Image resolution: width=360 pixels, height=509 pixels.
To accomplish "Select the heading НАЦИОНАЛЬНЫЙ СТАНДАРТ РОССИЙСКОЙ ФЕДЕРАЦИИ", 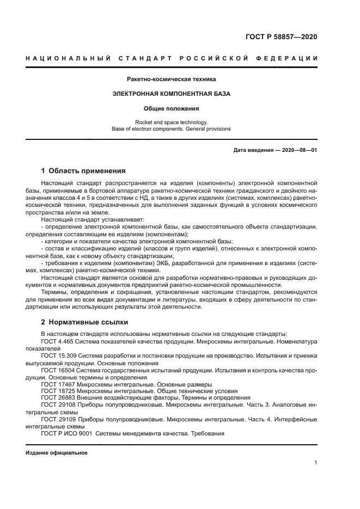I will (172, 58).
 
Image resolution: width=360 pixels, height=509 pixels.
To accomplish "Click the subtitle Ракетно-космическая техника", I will (172, 79).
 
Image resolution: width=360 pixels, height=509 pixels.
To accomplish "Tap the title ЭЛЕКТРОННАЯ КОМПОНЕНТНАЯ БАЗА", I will (172, 94).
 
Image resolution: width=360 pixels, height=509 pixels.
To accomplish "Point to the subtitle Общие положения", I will (172, 108).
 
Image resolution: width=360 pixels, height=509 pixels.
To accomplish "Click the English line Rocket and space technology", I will (172, 122).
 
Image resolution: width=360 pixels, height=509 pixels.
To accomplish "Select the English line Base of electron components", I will (172, 129).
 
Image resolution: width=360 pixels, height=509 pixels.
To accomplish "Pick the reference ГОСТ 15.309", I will (59, 355).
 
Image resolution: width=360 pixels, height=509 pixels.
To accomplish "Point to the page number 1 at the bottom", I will (315, 463).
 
